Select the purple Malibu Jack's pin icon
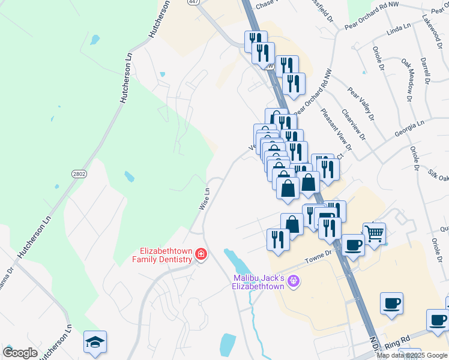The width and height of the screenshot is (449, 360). [x=293, y=280]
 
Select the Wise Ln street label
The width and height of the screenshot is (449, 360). [x=205, y=199]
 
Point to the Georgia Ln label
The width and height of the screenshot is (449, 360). [x=410, y=129]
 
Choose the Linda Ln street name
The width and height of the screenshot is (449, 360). [x=399, y=28]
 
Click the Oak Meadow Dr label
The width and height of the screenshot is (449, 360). [x=409, y=79]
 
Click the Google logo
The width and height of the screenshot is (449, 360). [x=20, y=353]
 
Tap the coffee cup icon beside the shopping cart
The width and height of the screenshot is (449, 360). [x=353, y=246]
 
